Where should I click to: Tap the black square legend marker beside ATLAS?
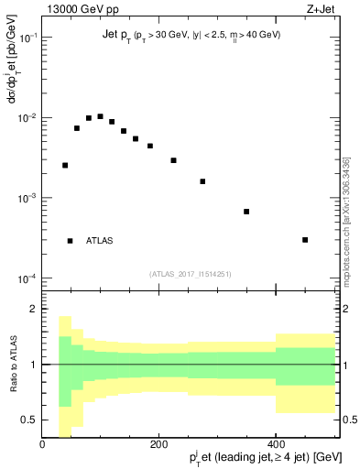click(70, 241)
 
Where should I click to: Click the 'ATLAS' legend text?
click(100, 241)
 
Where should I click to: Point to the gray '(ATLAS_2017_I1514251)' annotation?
click(191, 272)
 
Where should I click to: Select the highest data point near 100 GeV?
click(100, 116)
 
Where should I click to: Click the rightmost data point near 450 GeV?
click(305, 240)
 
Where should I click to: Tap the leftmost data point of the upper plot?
click(65, 166)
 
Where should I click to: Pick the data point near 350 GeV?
click(246, 212)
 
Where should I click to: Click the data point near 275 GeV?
click(202, 181)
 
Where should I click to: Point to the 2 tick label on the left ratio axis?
click(35, 310)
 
